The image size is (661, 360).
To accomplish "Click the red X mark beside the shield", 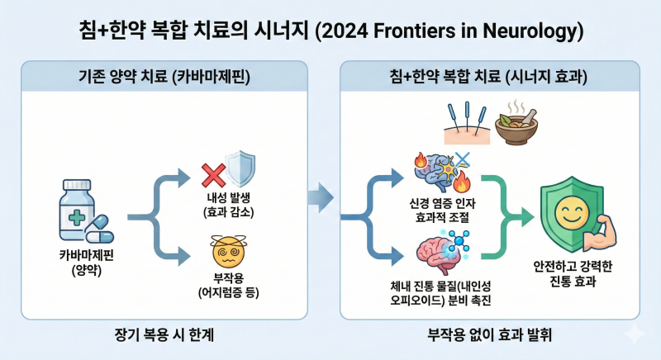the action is coord(214,175).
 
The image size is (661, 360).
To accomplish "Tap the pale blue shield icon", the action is coord(240,168).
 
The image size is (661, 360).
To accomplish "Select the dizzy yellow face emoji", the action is coord(229,252).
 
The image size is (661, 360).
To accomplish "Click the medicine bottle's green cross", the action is coord(77,218).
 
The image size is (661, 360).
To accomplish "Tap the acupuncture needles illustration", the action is coord(467,123).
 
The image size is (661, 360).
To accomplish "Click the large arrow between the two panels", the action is coord(321,197).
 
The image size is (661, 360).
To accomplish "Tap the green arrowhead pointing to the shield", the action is coord(528,217).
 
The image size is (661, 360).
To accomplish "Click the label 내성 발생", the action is coord(228,197).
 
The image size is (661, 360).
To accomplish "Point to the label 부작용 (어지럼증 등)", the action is coord(229,285).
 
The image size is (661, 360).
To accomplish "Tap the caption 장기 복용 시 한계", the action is coord(164,334).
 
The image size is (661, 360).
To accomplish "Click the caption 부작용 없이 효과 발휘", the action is coord(490,334).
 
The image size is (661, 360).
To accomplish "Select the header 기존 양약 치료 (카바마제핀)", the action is coord(164,77).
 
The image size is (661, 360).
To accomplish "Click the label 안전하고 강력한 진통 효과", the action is coord(573,273).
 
